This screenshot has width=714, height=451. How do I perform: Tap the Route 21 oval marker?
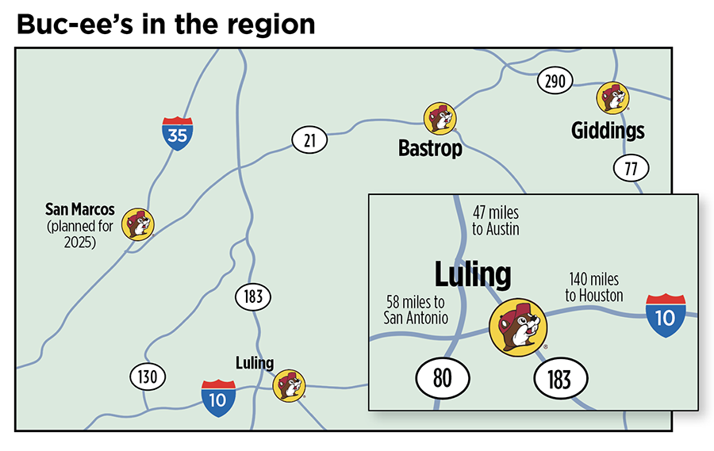click(309, 141)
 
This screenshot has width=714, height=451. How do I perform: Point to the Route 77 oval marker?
click(631, 167)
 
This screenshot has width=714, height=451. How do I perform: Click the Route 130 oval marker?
click(148, 377)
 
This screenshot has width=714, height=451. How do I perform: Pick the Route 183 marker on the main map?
click(253, 298)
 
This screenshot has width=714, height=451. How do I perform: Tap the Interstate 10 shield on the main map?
click(217, 399)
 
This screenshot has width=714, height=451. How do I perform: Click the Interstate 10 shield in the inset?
click(666, 315)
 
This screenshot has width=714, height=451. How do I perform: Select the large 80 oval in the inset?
click(442, 378)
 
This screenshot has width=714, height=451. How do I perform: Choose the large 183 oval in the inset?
click(559, 379)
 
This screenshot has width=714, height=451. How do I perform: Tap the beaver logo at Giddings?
click(612, 97)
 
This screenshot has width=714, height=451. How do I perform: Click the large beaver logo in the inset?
click(518, 327)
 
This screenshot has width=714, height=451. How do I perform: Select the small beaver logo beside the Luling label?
click(288, 386)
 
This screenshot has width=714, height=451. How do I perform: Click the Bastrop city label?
click(430, 149)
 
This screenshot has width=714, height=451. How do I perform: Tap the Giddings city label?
click(608, 131)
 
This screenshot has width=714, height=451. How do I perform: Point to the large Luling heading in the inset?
click(472, 275)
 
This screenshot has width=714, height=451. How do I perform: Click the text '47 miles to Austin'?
click(496, 221)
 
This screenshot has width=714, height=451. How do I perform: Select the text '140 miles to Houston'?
click(594, 287)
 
